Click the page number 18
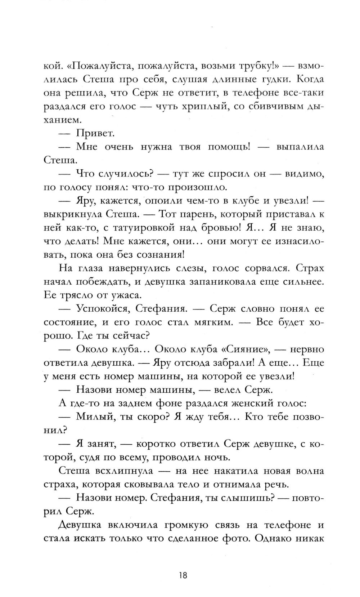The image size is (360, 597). coord(183,575)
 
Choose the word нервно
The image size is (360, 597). coord(307,349)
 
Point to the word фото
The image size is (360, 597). coord(236,539)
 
